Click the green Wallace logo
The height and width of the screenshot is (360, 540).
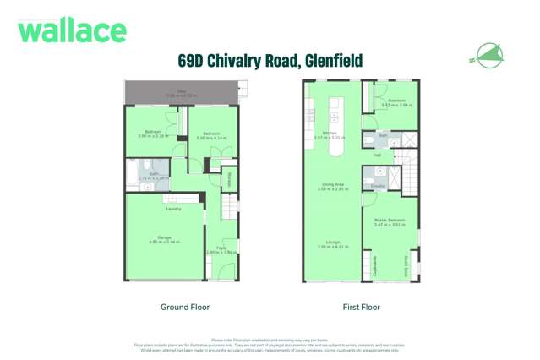(x=72, y=32)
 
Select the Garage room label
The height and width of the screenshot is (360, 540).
(x=164, y=239)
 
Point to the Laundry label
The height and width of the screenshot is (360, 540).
(x=174, y=209)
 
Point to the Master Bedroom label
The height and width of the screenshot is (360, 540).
(x=390, y=220)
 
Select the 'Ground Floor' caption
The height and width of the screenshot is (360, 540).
(x=185, y=307)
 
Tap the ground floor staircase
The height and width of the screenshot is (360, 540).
(x=229, y=207)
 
